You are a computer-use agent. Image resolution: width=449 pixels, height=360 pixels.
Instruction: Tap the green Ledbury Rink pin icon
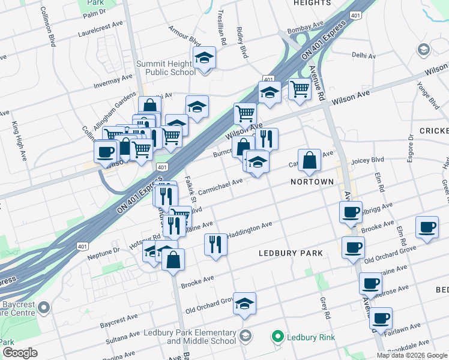pos(278,337)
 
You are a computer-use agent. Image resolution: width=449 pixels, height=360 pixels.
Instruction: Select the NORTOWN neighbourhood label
pos(312,181)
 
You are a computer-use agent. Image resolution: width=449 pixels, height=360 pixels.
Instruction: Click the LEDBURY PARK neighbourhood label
pos(291,253)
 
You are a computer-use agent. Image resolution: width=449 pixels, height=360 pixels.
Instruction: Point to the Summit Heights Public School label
pos(166,68)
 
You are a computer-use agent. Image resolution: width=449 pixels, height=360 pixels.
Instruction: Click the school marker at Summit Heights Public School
pos(205,59)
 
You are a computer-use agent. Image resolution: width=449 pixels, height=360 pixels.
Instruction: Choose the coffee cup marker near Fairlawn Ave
pos(381,319)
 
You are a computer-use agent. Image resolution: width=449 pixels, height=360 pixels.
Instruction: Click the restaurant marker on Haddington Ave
pos(215,244)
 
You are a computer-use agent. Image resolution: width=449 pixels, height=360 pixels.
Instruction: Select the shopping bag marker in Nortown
pos(309,160)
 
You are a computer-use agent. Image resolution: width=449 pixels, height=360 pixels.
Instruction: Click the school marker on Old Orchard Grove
pos(244,304)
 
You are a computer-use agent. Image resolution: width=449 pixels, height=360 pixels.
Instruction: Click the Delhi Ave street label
pos(363,55)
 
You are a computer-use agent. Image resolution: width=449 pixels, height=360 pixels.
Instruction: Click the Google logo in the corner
pos(20,353)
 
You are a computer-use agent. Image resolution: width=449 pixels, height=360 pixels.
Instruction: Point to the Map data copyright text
pos(412,355)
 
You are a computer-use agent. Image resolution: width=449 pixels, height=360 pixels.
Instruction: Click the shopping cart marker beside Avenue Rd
pos(300,89)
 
